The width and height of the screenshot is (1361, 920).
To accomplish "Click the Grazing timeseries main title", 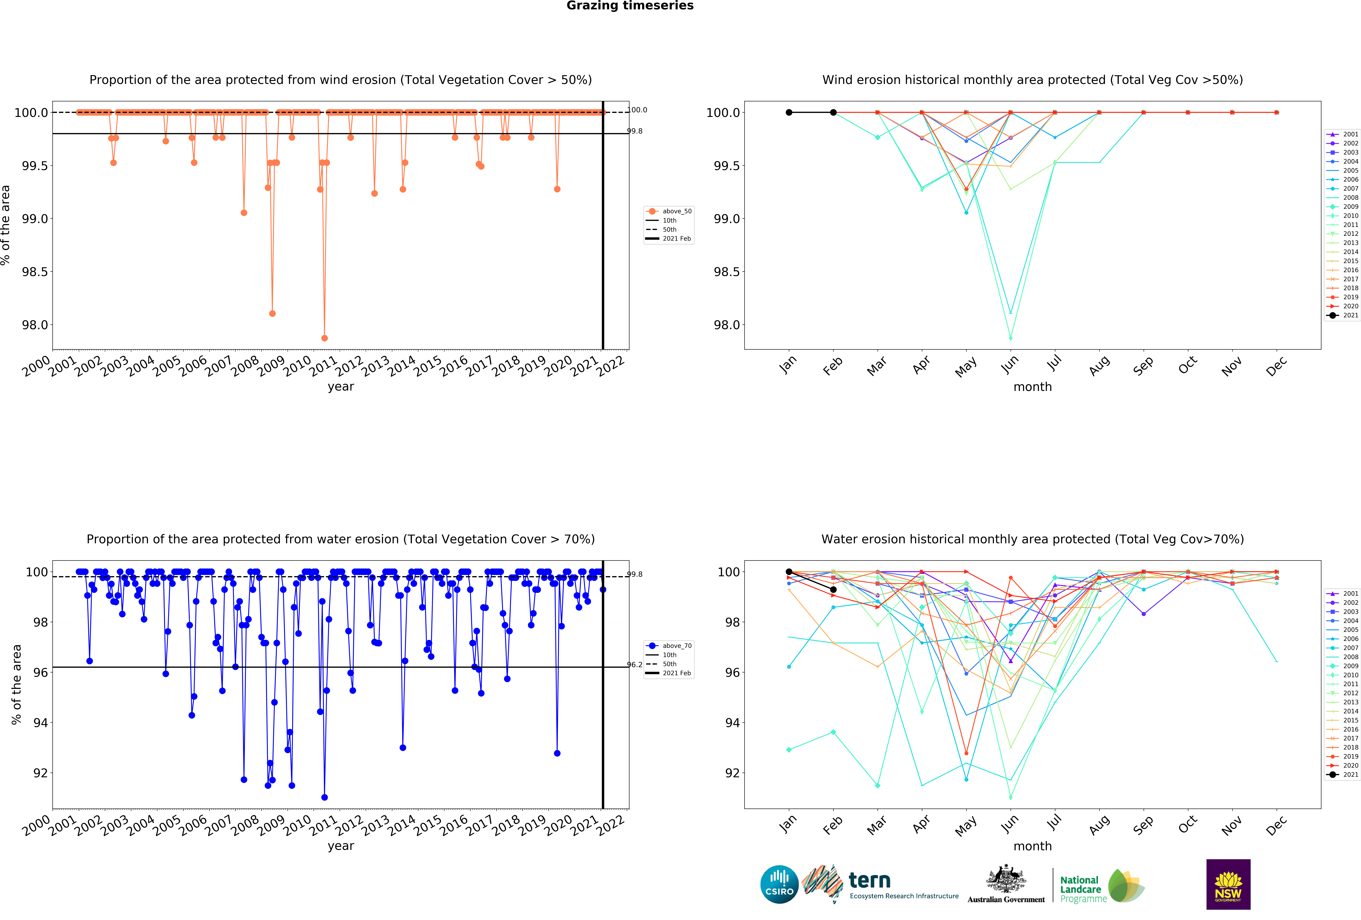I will click(x=630, y=6).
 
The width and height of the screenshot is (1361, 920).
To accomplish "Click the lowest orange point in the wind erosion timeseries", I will click(x=324, y=338).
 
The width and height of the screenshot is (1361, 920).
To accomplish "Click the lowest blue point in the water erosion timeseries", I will click(x=324, y=797).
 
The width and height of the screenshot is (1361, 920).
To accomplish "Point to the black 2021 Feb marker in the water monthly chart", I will click(x=833, y=589).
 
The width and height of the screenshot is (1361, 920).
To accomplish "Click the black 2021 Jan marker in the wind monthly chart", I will click(x=789, y=112).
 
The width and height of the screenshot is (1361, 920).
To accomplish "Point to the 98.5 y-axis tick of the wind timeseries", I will click(x=35, y=272).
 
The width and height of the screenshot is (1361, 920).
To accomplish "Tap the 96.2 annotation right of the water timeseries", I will click(x=635, y=665).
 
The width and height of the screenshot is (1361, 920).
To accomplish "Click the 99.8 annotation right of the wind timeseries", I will click(x=635, y=131).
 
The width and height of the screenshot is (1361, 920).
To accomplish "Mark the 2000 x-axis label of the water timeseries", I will click(x=36, y=826).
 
